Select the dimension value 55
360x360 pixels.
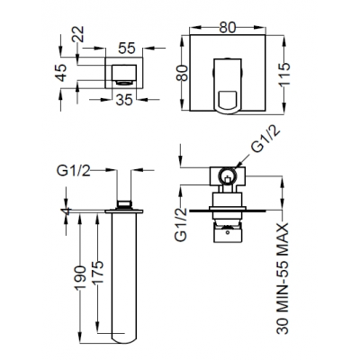127,48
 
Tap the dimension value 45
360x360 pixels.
62,73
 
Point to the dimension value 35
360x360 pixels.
124,100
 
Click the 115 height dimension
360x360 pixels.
284,74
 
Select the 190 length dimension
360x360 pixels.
80,277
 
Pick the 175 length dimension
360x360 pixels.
98,273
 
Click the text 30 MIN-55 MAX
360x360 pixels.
283,278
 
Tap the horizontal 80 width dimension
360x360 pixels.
228,28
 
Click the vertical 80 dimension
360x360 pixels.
182,73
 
